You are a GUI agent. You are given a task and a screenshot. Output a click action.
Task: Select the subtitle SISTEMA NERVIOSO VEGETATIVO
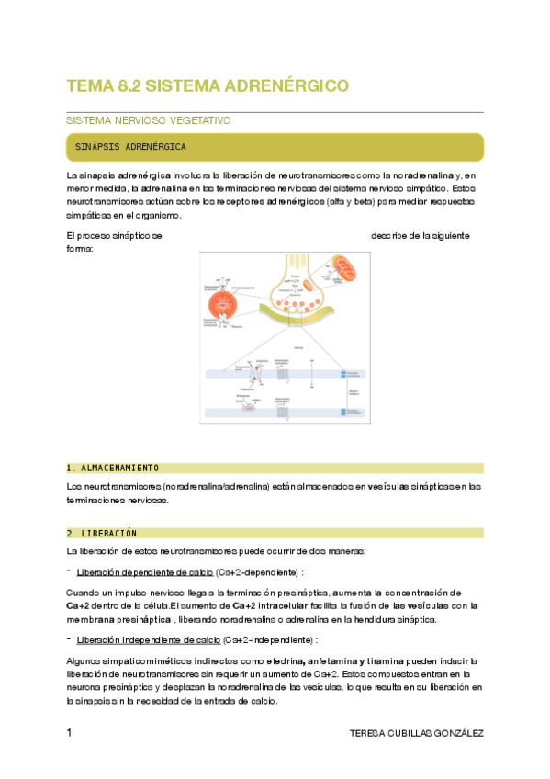coord(148,120)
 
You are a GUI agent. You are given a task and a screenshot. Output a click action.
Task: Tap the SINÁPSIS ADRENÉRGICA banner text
coord(132,147)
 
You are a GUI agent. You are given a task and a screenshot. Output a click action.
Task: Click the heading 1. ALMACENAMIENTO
coord(113,468)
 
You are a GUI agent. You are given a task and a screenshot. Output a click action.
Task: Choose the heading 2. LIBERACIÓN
coord(102,533)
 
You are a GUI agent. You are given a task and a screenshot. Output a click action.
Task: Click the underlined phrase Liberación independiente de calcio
coord(152,639)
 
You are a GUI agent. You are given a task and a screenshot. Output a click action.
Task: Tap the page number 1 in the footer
coord(70,733)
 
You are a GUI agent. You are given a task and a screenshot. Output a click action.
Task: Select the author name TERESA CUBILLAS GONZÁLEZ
coord(417,733)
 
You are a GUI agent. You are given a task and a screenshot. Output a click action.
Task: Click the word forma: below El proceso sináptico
coord(80,248)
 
